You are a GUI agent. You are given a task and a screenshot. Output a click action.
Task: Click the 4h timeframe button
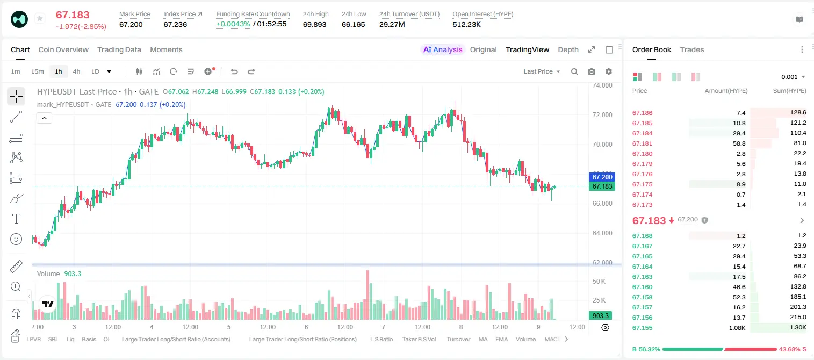click(76, 71)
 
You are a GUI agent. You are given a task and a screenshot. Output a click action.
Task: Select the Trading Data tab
click(119, 49)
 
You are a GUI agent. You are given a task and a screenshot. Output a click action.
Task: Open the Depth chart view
click(568, 49)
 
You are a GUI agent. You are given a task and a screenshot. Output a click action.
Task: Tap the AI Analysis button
click(443, 49)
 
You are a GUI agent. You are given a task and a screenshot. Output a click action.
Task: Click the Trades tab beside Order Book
click(692, 49)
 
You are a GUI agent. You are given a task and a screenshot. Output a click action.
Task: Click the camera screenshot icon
click(592, 71)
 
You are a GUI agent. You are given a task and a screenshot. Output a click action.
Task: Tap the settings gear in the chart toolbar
click(609, 71)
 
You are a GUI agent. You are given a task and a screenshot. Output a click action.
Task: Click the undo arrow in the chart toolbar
click(234, 71)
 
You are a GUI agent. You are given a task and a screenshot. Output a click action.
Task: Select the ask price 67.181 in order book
click(642, 143)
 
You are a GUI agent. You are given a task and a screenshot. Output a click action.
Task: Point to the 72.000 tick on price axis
click(602, 115)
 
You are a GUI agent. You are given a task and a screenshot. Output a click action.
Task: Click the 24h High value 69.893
click(315, 24)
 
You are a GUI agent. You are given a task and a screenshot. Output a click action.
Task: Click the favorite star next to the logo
click(40, 18)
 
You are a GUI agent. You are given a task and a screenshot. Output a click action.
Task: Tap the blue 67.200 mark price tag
click(602, 177)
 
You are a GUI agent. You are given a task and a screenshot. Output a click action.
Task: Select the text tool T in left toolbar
click(16, 219)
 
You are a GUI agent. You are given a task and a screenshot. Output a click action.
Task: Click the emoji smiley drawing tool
click(16, 239)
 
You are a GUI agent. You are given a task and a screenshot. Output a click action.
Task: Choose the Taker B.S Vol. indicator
click(419, 339)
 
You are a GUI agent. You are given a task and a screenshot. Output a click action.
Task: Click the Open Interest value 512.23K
click(466, 24)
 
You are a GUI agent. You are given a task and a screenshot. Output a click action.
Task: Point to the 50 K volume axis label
click(599, 281)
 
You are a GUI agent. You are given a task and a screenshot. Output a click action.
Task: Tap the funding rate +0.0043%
click(233, 24)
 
